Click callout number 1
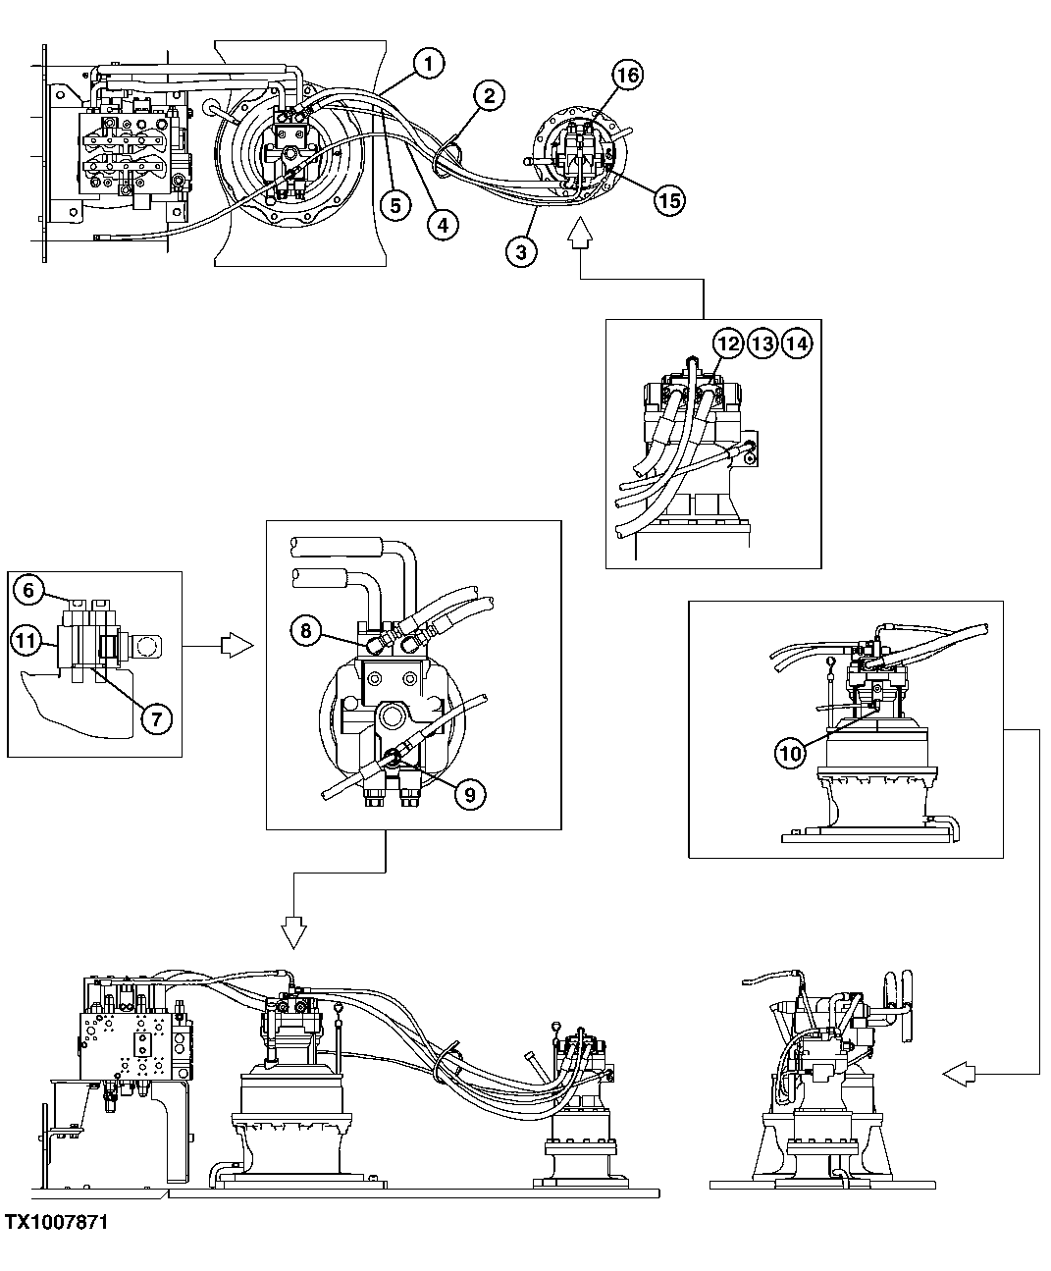pos(428,65)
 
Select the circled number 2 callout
pos(488,95)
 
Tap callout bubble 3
pos(520,251)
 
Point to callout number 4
pos(442,224)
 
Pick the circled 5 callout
pos(394,206)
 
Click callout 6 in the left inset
pos(29,589)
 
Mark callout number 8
pos(306,631)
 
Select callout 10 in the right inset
pos(790,753)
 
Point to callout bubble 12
pos(727,344)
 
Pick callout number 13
pos(762,344)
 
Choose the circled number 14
pos(797,344)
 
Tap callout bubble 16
pos(627,75)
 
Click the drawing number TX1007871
pos(56,1222)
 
